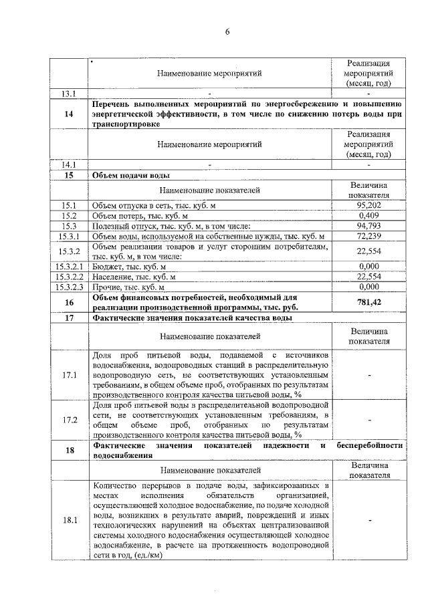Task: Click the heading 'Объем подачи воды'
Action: click(x=131, y=175)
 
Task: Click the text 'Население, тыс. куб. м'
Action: click(x=134, y=276)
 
